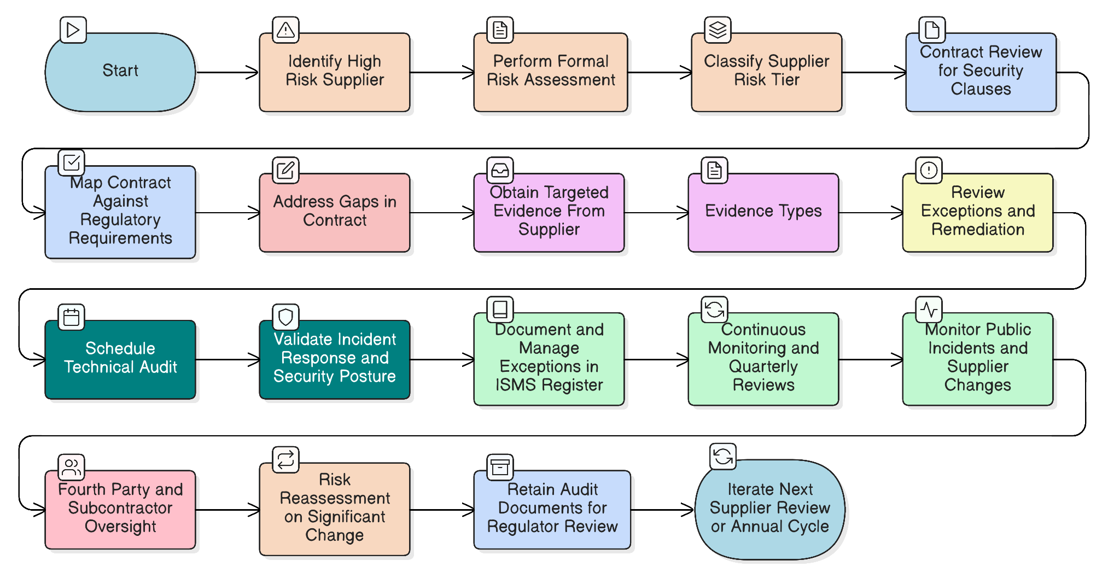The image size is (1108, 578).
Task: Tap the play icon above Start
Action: click(x=73, y=30)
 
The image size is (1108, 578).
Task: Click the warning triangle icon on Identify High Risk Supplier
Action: click(x=285, y=30)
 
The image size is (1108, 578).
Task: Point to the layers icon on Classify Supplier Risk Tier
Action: click(x=718, y=30)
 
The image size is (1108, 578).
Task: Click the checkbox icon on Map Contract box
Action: click(x=72, y=163)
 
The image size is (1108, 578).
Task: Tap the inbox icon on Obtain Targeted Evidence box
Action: click(x=500, y=171)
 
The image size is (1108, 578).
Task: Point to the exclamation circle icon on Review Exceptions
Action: click(x=929, y=171)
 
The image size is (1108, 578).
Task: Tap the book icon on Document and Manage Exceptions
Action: click(x=500, y=310)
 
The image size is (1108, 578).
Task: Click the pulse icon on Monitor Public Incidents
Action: click(x=929, y=310)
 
